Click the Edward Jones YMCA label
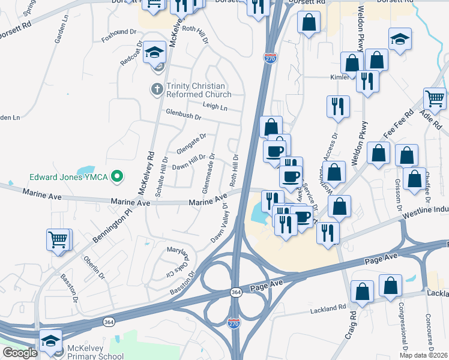(69, 177)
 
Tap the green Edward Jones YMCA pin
(118, 177)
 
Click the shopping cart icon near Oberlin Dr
(58, 239)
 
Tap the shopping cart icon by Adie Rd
(435, 98)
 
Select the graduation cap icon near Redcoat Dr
(155, 52)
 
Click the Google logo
(20, 353)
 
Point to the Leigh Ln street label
(215, 107)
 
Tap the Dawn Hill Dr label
(189, 162)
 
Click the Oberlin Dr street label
(95, 268)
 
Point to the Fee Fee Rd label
(400, 124)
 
